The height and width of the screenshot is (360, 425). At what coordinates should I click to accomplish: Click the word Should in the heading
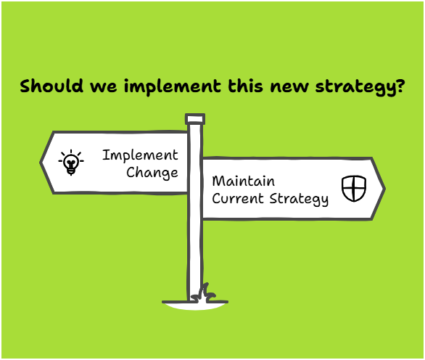click(51, 86)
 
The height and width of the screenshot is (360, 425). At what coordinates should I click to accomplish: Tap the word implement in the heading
click(173, 87)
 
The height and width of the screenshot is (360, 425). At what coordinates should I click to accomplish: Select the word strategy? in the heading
click(360, 87)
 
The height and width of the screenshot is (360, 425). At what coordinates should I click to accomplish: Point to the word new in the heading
click(289, 87)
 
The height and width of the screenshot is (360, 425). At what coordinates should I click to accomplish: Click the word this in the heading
click(246, 86)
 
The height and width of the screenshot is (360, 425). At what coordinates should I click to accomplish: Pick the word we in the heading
click(104, 87)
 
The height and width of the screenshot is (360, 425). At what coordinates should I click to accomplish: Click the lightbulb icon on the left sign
click(71, 163)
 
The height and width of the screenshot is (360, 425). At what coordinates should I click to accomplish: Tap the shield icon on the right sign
click(354, 188)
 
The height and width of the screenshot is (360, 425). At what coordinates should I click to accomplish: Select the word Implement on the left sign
click(140, 156)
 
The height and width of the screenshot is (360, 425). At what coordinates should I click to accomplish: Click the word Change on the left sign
click(152, 173)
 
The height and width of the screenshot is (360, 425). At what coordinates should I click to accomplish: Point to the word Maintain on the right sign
click(244, 181)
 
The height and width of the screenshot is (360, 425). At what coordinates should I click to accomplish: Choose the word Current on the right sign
click(238, 199)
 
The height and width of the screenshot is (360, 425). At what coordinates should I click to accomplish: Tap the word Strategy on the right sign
click(299, 200)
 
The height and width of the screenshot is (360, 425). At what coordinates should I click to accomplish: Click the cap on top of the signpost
click(195, 119)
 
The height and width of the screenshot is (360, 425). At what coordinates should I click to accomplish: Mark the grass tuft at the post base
click(204, 293)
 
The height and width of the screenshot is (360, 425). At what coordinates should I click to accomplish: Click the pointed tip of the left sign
click(41, 163)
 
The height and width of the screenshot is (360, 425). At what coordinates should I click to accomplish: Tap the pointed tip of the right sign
click(384, 189)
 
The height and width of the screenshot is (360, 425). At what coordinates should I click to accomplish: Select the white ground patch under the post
click(195, 306)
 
